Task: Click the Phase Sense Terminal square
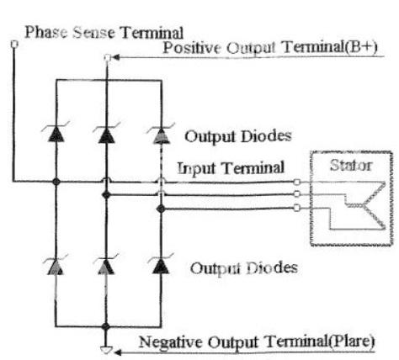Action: (x=14, y=44)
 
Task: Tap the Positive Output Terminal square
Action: (x=107, y=57)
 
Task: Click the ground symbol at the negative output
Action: (x=106, y=350)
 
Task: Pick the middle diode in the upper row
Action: (x=106, y=133)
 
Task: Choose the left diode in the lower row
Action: (x=56, y=265)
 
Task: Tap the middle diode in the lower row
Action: (x=106, y=265)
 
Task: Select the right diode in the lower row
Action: (x=161, y=265)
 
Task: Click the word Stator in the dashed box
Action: (x=351, y=166)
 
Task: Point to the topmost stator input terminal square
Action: (x=296, y=183)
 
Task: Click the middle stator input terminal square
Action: (x=296, y=194)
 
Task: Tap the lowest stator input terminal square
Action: (x=296, y=208)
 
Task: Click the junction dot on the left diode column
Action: (x=56, y=182)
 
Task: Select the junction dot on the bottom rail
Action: (x=106, y=326)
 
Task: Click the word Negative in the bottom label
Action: (x=171, y=342)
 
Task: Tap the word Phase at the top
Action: (x=46, y=32)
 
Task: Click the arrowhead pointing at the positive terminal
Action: (x=115, y=57)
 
